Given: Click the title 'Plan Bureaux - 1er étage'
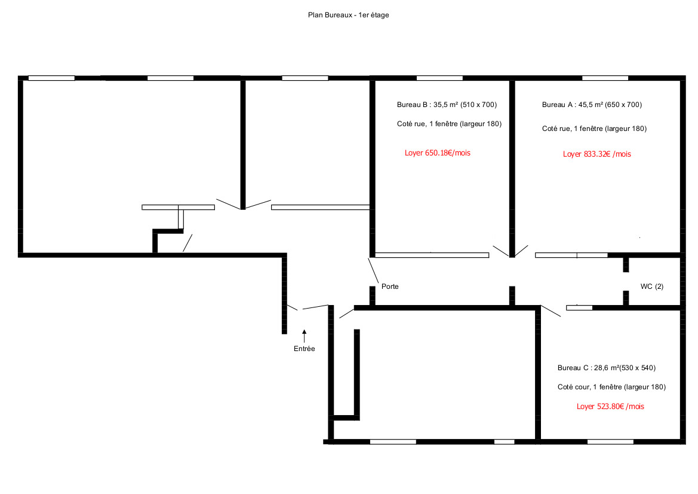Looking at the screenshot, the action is pos(349,15).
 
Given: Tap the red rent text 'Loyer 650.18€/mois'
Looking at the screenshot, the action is pos(438,153).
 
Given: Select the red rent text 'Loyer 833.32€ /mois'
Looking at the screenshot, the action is pos(597,154).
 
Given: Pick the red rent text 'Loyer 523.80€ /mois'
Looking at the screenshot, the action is pos(610,407).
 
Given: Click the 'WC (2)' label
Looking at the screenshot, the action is pos(651,286).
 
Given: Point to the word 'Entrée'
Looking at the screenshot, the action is pos(305,349).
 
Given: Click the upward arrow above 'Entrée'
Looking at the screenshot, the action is pos(305,336).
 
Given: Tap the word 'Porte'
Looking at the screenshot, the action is pos(390,286).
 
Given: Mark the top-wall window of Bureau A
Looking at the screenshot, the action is pos(605,78).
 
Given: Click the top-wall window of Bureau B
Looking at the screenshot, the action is pos(440,78).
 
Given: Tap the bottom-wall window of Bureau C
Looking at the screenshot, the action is pos(610,442).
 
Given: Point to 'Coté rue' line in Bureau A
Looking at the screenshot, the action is pos(594,129).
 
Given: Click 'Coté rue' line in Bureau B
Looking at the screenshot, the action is pos(449,124).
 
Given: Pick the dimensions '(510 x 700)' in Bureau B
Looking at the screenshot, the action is pos(478,105).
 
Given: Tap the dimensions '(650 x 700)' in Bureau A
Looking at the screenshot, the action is pos(623,105).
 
